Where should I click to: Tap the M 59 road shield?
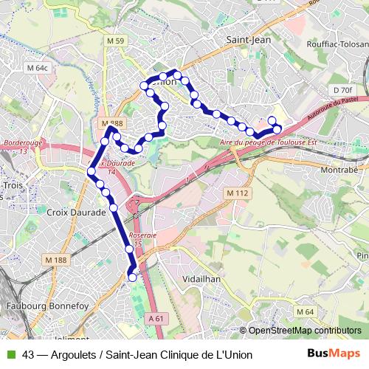(x=115, y=41)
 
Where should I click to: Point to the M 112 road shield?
(x=235, y=193)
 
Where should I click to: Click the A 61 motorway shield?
(x=155, y=317)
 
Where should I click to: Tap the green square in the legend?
(x=11, y=354)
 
